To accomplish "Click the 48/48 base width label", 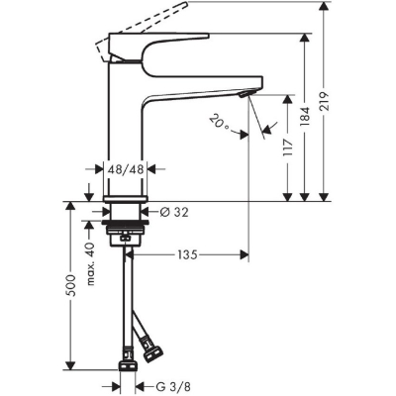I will tap(125, 169).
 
